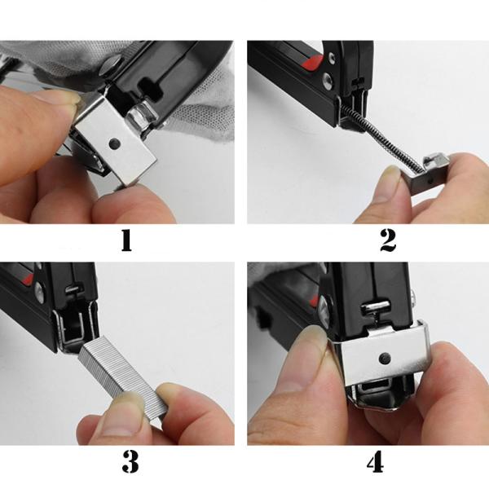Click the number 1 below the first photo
[x=126, y=241]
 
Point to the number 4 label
[x=375, y=462]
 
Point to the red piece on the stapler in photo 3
[x=36, y=283]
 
